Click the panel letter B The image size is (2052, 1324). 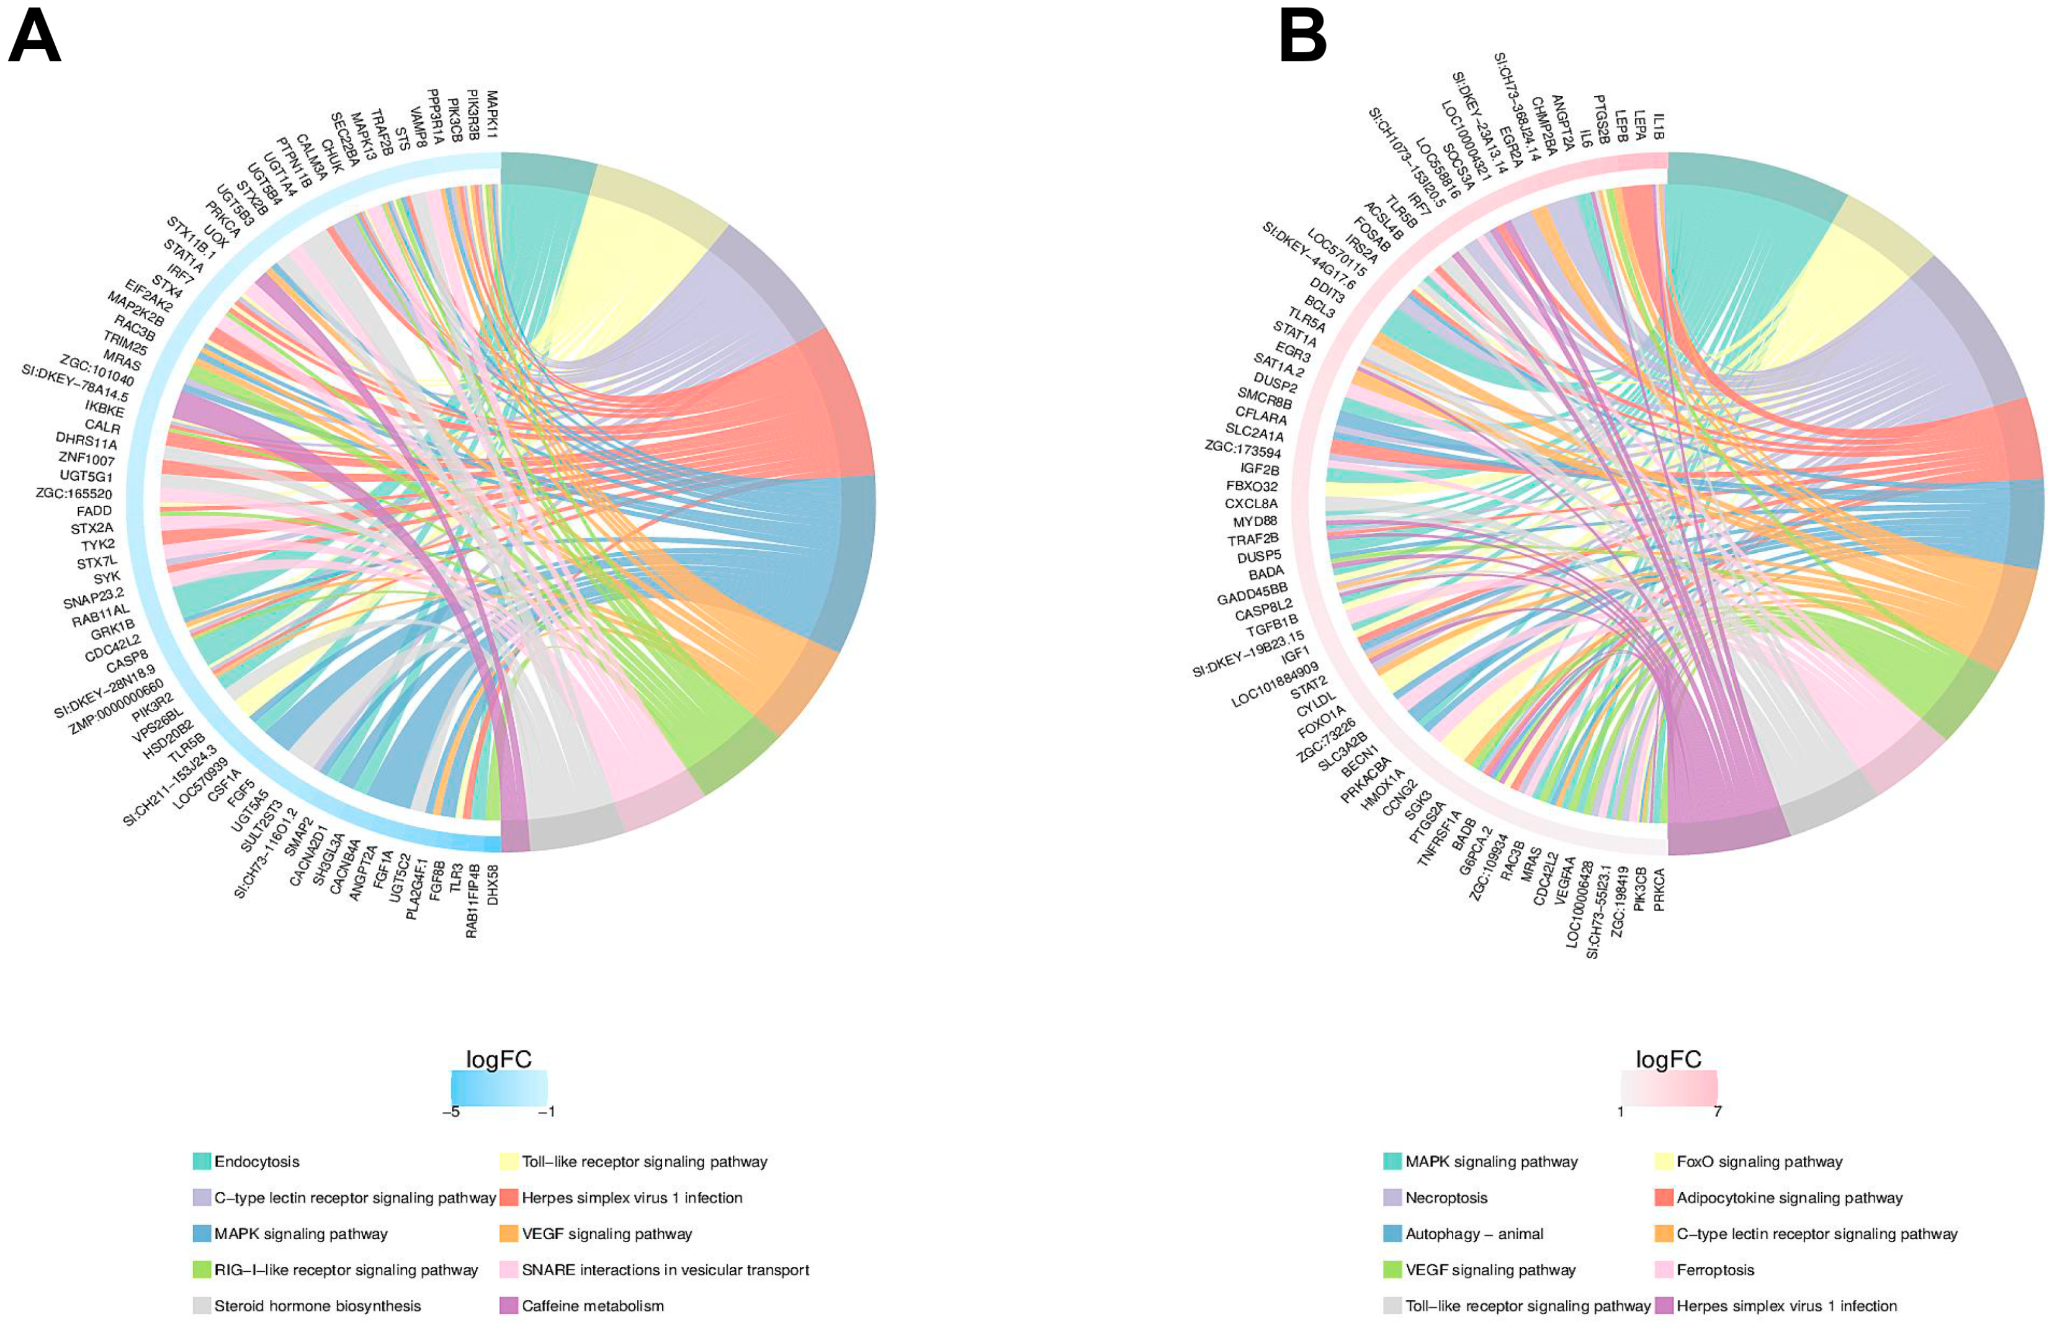[1302, 38]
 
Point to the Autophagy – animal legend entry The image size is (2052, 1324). [1474, 1233]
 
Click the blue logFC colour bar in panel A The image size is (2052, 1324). [499, 1087]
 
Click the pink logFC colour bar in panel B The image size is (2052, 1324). [1669, 1087]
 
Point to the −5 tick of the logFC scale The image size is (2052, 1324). [451, 1112]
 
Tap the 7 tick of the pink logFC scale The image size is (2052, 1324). [1717, 1112]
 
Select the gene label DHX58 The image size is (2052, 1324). [493, 885]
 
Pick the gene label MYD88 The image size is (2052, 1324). [1255, 522]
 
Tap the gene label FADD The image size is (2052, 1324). [94, 511]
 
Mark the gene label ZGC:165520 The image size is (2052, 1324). [74, 493]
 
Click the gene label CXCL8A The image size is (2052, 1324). [1251, 504]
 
